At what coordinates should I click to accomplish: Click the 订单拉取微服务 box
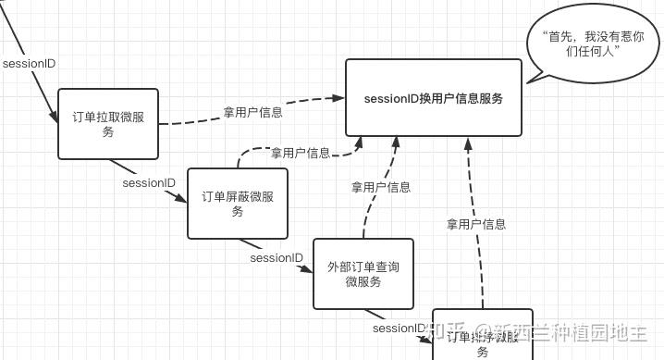[108, 123]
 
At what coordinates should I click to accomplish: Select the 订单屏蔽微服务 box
[237, 204]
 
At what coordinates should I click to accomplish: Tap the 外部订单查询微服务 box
[363, 274]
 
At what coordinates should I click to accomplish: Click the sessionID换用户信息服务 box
[434, 99]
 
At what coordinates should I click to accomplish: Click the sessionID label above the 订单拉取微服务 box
[30, 64]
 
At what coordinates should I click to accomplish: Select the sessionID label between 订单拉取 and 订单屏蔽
[149, 183]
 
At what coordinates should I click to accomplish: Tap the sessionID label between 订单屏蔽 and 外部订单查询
[277, 257]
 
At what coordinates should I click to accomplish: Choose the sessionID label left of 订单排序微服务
[400, 329]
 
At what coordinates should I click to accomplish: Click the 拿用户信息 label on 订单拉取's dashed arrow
[252, 113]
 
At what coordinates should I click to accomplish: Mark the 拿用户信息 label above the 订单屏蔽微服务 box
[300, 153]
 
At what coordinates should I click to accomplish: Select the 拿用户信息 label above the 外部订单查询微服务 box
[381, 187]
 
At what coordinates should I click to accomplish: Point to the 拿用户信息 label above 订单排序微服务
[476, 224]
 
